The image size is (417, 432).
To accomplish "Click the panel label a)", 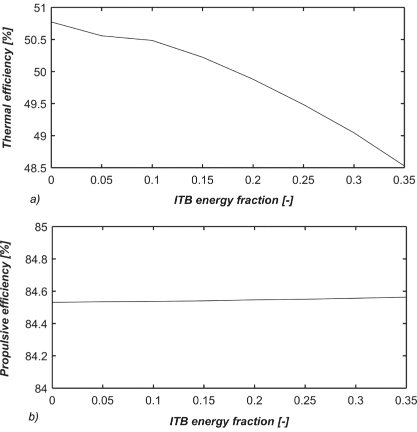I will click(x=34, y=200).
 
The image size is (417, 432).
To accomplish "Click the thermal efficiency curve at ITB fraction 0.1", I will click(x=153, y=40).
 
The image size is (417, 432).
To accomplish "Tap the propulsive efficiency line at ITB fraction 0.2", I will click(x=254, y=300).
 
